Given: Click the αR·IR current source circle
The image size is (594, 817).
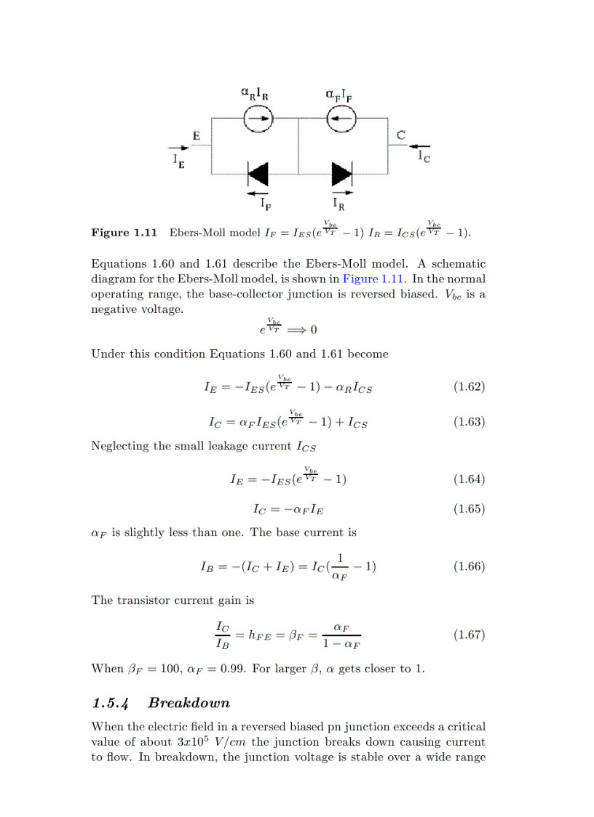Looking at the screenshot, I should point(258,119).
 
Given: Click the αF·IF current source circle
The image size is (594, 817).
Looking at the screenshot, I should point(341,119).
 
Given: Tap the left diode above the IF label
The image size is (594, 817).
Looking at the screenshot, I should point(258,175).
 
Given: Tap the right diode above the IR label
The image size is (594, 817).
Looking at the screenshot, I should point(341,175).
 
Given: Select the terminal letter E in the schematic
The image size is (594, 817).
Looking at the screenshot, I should point(197,135).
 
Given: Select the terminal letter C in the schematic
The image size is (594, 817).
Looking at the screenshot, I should point(401,135).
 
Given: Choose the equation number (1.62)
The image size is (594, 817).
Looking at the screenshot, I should point(469,386).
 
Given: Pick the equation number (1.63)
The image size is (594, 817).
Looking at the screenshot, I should point(469,422).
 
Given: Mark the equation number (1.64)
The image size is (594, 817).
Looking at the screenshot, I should point(469,479).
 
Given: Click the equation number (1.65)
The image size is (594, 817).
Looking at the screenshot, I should point(469,509).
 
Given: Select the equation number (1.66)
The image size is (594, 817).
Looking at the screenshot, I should point(469,566).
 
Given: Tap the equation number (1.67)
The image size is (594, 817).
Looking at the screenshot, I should point(469,634).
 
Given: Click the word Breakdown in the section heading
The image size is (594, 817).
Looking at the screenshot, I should point(189,703).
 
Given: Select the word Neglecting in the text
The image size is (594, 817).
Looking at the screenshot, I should point(119,446).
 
